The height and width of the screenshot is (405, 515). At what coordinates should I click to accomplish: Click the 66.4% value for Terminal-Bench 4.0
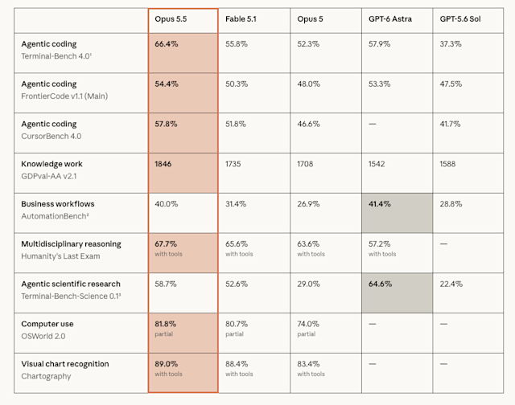tap(167, 44)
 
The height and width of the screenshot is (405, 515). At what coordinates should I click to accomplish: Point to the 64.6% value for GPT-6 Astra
tap(380, 284)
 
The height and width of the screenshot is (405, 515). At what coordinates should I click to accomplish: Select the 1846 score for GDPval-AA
tap(163, 164)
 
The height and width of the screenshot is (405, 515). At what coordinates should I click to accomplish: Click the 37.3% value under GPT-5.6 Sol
tap(451, 44)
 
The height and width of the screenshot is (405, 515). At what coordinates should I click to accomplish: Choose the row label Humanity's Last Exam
tap(60, 256)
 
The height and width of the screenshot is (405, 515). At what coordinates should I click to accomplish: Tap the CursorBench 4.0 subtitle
tap(51, 136)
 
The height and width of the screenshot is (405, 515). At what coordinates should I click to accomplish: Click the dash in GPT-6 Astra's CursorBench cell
tap(372, 124)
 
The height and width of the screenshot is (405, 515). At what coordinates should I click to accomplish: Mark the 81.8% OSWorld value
tap(165, 324)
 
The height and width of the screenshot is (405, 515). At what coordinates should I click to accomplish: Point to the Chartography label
tap(46, 376)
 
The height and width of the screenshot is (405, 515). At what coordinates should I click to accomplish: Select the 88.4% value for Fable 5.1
tap(237, 364)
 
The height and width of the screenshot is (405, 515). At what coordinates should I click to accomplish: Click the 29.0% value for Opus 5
tap(308, 284)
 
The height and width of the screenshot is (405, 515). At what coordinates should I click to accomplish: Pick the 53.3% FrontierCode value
tap(379, 84)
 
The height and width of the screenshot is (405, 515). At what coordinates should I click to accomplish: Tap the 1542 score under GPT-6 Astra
tap(377, 164)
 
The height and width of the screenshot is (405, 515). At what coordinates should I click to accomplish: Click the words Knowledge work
tap(51, 164)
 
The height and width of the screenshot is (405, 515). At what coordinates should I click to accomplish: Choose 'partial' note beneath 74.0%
tap(306, 334)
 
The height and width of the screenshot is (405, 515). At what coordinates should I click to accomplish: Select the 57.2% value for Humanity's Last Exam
tap(379, 244)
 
